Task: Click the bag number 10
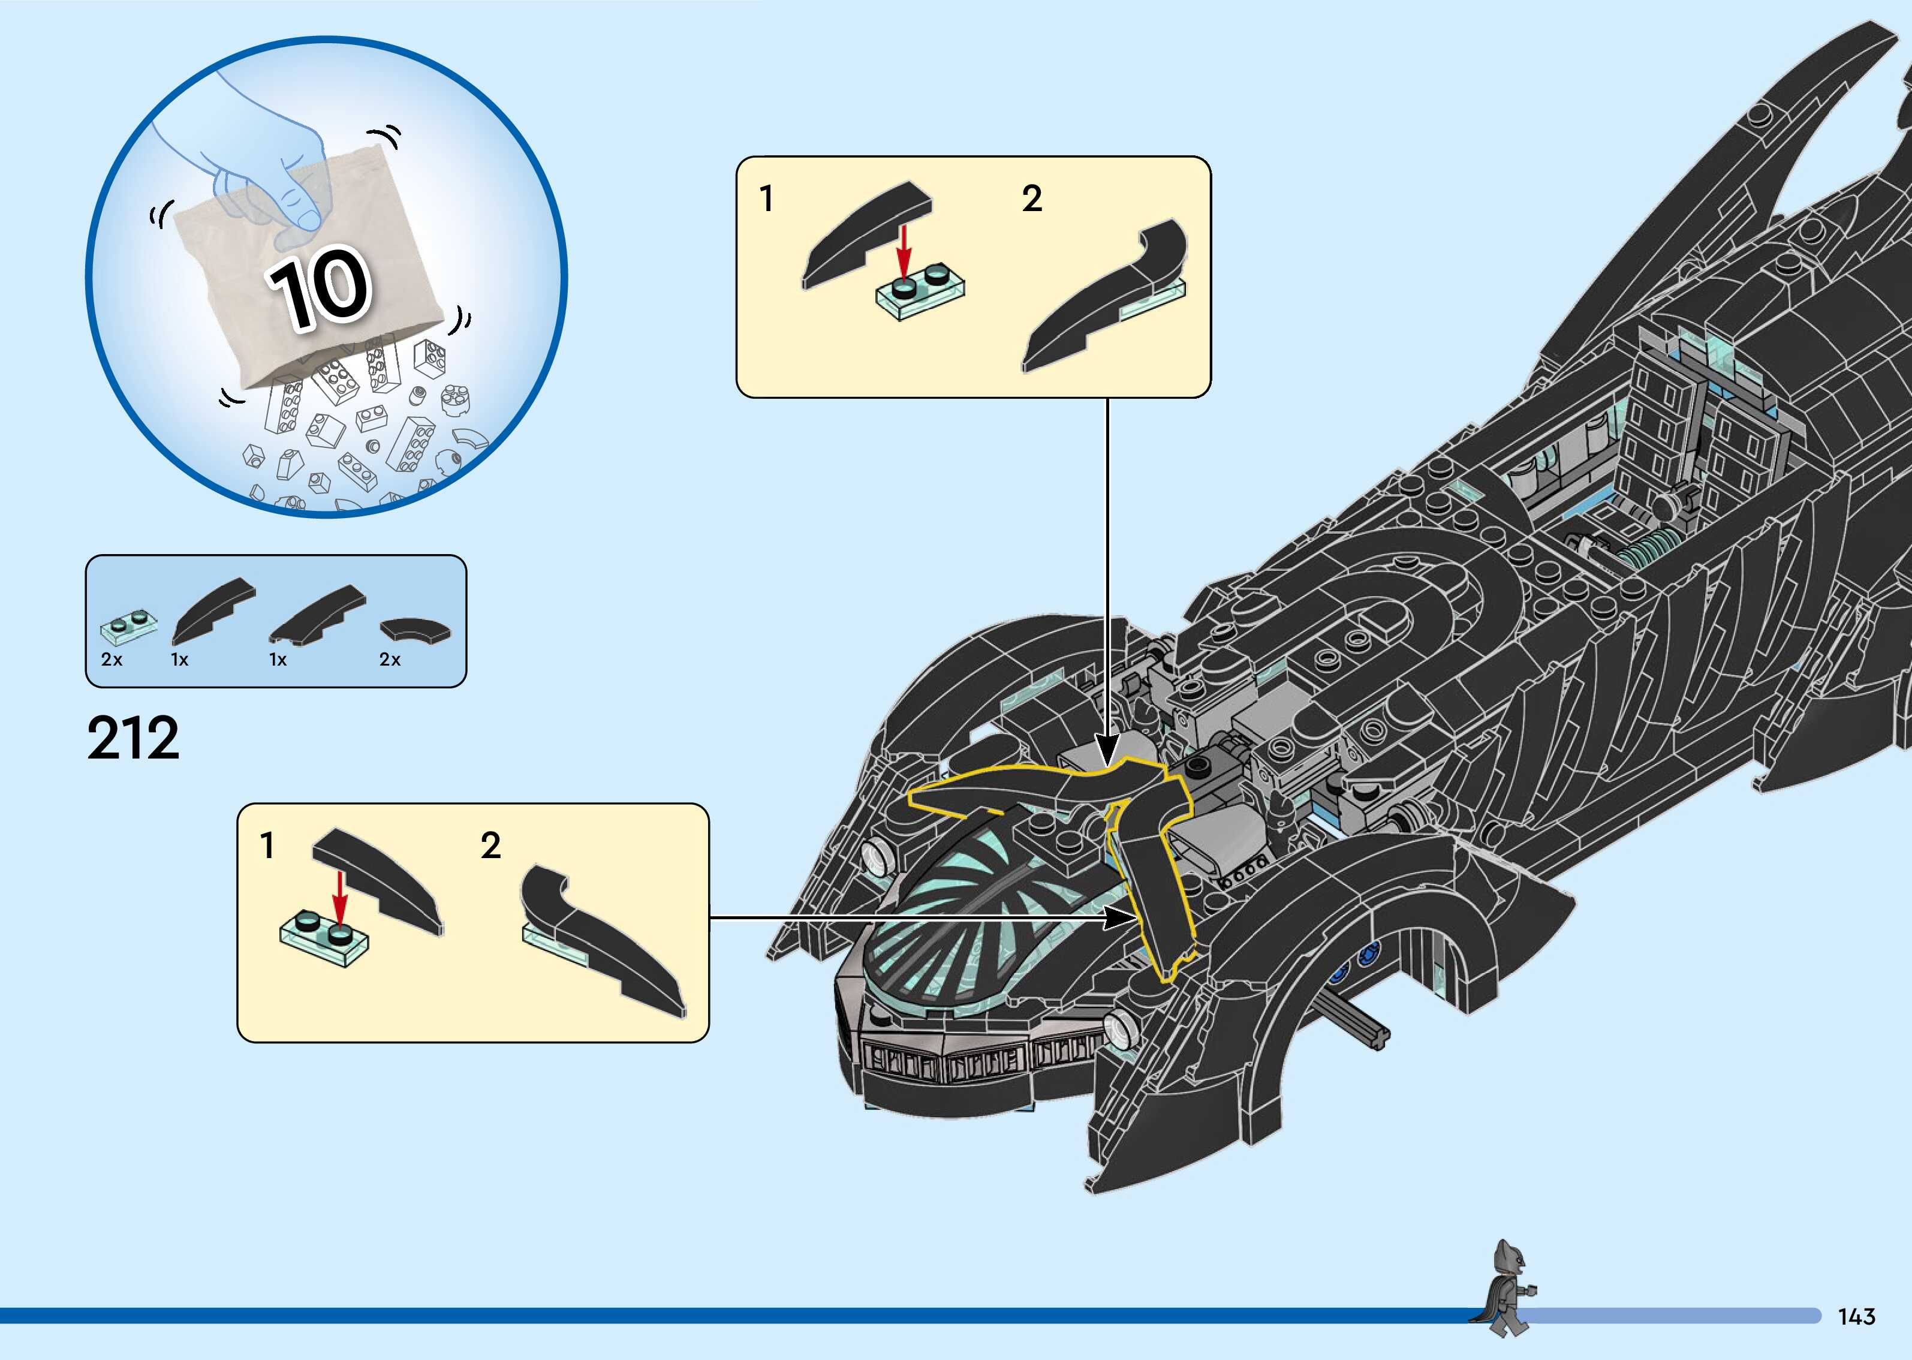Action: click(319, 287)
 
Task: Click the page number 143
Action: click(1856, 1316)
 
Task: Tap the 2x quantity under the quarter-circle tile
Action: click(390, 660)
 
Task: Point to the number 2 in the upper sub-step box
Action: click(1032, 199)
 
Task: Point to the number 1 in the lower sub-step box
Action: click(267, 846)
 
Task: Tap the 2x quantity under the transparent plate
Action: click(112, 660)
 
